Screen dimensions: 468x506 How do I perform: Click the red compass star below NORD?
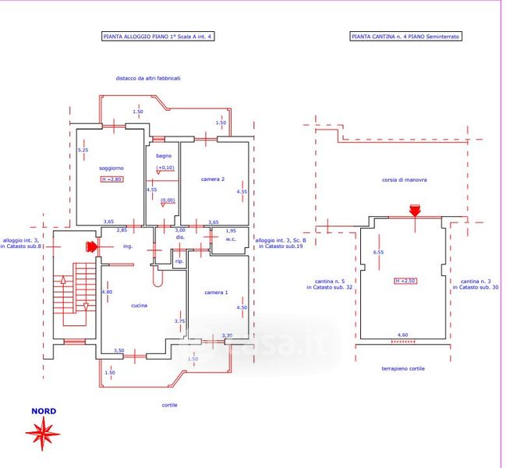point(43,432)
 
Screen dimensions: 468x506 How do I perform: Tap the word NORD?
point(43,411)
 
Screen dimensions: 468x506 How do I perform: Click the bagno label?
point(163,156)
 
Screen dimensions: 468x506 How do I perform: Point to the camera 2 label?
point(213,179)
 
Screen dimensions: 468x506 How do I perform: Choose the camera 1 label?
point(216,292)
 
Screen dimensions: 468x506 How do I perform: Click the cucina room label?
point(140,305)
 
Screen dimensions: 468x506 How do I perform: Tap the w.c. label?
point(231,239)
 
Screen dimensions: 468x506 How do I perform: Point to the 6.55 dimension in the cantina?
point(378,252)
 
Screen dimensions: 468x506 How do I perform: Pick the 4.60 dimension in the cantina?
point(403,335)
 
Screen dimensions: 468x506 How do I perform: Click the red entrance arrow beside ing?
point(91,247)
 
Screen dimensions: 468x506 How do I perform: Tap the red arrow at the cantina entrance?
point(415,209)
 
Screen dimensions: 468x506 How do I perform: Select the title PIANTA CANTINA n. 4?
point(405,37)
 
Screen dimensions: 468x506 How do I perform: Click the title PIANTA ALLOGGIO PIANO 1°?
point(157,37)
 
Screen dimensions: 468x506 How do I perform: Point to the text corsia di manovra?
point(405,179)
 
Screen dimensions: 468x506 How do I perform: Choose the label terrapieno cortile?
point(403,368)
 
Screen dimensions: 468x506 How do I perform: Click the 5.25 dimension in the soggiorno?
point(83,150)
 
